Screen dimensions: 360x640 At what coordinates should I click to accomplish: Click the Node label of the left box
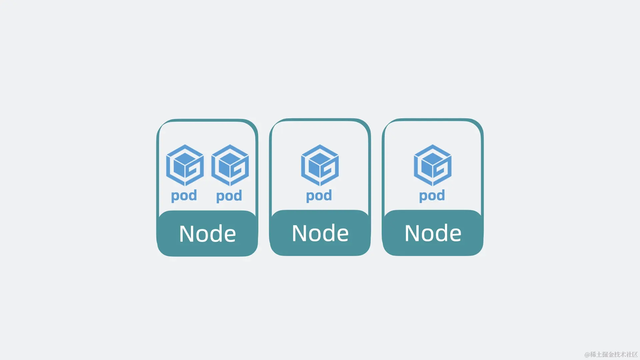click(x=207, y=234)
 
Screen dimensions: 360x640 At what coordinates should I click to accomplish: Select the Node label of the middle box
click(x=320, y=233)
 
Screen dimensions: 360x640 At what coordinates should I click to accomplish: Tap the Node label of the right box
click(x=433, y=233)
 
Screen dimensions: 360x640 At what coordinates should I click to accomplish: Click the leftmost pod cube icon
click(x=185, y=165)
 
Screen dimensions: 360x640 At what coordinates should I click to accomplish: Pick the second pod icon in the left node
click(x=230, y=165)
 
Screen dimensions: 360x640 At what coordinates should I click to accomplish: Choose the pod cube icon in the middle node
click(x=320, y=165)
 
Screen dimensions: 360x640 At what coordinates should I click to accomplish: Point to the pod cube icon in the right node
click(x=432, y=165)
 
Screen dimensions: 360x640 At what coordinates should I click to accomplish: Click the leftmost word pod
click(x=184, y=196)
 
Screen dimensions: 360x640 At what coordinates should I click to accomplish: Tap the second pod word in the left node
click(x=229, y=196)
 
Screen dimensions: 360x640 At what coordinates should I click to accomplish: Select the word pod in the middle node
click(x=319, y=196)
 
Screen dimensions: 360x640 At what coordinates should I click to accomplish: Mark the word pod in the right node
click(x=432, y=196)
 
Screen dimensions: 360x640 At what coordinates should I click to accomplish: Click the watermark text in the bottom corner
click(x=611, y=354)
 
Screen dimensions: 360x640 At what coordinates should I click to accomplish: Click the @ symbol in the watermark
click(x=587, y=355)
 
